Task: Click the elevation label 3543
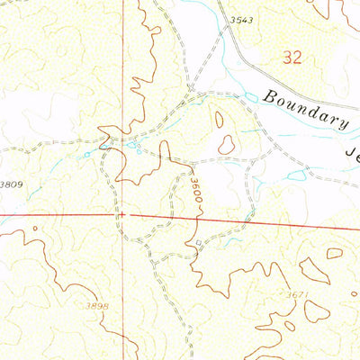pos(240,19)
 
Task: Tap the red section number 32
pos(291,58)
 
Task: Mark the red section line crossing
pos(124,215)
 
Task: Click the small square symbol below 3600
pos(198,243)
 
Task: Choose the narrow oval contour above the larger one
pos(219,119)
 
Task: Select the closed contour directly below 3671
pos(316,311)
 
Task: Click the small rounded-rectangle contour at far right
pos(335,253)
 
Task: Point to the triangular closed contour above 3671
pos(313,270)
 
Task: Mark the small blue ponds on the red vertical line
pos(131,144)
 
